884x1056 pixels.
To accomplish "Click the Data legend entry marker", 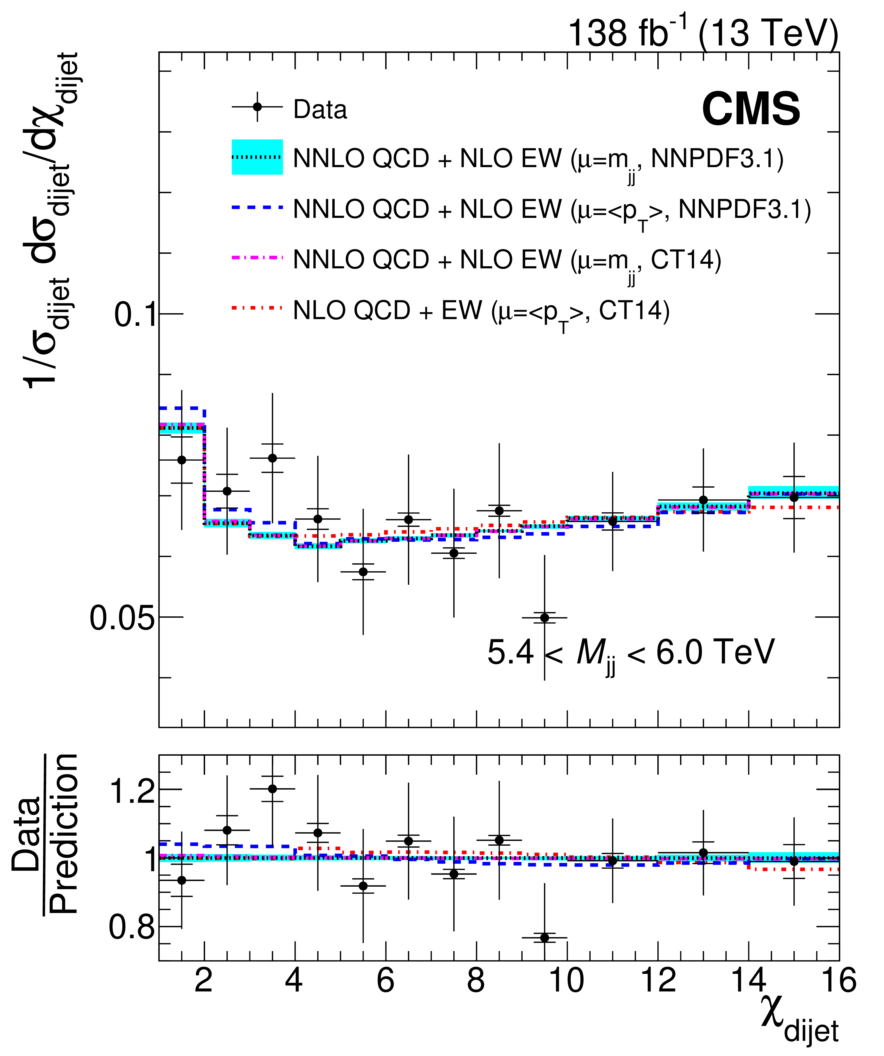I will pyautogui.click(x=257, y=107).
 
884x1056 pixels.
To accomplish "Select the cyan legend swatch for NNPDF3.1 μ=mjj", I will pyautogui.click(x=257, y=157).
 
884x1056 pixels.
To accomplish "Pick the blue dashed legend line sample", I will pyautogui.click(x=257, y=207).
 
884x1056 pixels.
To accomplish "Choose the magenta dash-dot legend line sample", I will pyautogui.click(x=257, y=257).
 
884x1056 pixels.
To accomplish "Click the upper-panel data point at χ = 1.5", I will pyautogui.click(x=182, y=460).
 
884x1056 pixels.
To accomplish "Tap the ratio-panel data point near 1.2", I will pyautogui.click(x=272, y=789).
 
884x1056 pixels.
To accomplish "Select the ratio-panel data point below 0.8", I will pyautogui.click(x=544, y=938).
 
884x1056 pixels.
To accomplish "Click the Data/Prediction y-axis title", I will pyautogui.click(x=45, y=835).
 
